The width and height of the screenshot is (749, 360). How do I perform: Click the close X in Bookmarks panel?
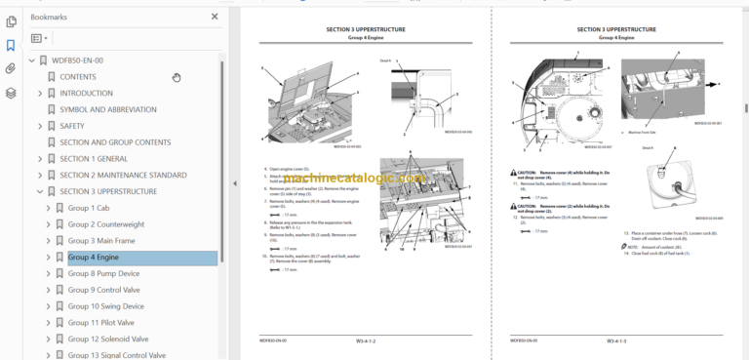pyautogui.click(x=215, y=17)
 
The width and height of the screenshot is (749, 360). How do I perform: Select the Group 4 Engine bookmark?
pyautogui.click(x=94, y=258)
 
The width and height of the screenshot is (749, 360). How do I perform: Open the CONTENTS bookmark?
pyautogui.click(x=78, y=76)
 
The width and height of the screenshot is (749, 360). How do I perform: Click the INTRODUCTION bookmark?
pyautogui.click(x=86, y=93)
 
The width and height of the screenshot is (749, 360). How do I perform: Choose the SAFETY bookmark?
pyautogui.click(x=72, y=126)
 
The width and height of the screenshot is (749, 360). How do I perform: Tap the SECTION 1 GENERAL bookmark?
pyautogui.click(x=94, y=158)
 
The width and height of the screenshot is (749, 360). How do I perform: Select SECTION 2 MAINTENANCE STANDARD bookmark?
pyautogui.click(x=123, y=175)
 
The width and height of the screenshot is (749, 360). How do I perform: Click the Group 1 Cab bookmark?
pyautogui.click(x=89, y=208)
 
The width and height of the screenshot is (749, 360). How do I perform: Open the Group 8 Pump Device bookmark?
pyautogui.click(x=103, y=274)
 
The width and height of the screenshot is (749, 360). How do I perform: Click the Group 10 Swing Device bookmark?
pyautogui.click(x=105, y=306)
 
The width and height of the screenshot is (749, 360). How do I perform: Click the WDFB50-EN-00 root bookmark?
pyautogui.click(x=77, y=60)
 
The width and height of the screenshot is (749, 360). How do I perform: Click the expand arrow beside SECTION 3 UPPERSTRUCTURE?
pyautogui.click(x=40, y=191)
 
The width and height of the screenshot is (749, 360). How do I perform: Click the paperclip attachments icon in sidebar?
pyautogui.click(x=11, y=69)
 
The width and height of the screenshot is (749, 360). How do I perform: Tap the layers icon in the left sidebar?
pyautogui.click(x=11, y=94)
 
